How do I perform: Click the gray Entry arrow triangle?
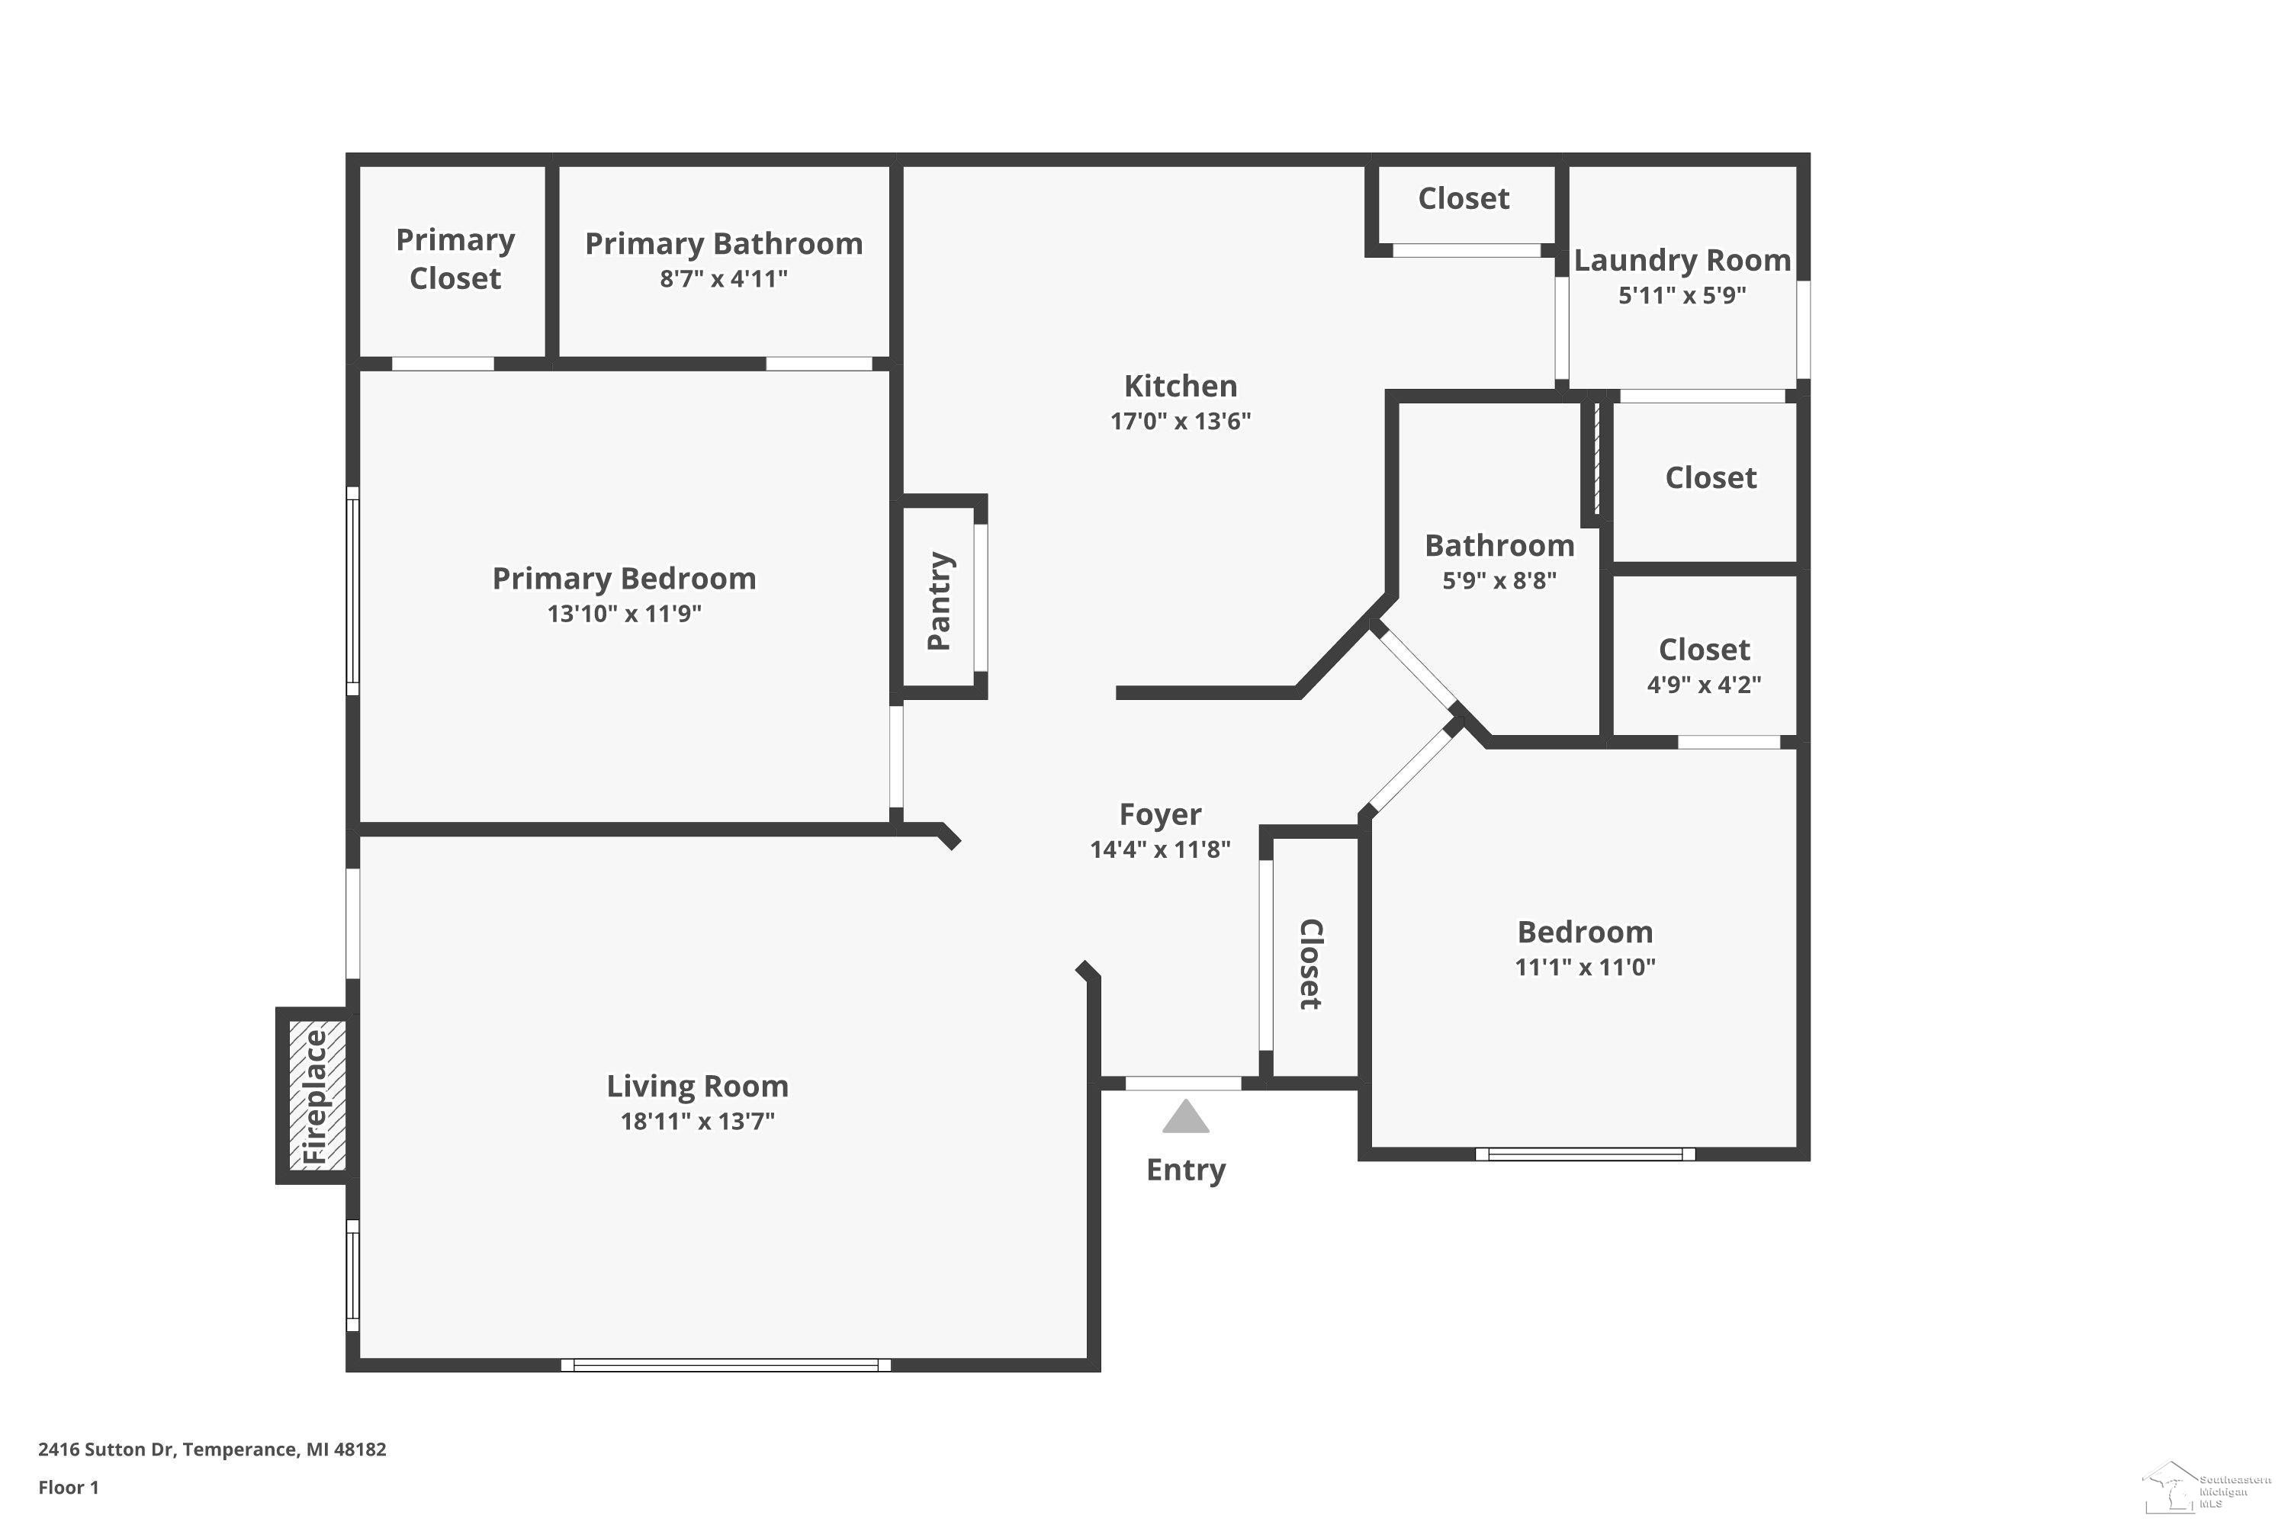point(1186,1118)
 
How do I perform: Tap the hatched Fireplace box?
point(317,1096)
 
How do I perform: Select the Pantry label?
point(940,601)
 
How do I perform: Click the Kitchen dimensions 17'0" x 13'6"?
point(1181,421)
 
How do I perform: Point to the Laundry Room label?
point(1682,260)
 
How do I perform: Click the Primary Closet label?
point(455,258)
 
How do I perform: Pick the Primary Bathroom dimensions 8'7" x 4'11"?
point(724,279)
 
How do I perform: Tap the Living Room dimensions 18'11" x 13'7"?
point(698,1122)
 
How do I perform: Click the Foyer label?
point(1161,814)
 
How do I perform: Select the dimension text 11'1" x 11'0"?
point(1586,967)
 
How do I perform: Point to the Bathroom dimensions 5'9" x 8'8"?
point(1500,580)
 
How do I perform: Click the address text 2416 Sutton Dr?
point(106,1450)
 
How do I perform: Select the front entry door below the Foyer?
point(1184,1084)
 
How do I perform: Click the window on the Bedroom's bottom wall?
point(1586,1154)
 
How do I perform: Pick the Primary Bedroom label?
point(625,579)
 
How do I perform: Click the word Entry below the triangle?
point(1186,1170)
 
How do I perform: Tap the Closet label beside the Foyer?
point(1310,964)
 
